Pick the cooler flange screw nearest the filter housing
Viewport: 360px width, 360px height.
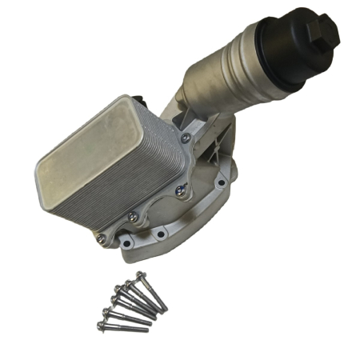tap(185, 138)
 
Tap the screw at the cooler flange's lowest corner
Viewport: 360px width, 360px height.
tap(100, 238)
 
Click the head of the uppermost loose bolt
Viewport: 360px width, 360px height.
tap(141, 276)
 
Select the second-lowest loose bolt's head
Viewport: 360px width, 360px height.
tap(106, 313)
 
